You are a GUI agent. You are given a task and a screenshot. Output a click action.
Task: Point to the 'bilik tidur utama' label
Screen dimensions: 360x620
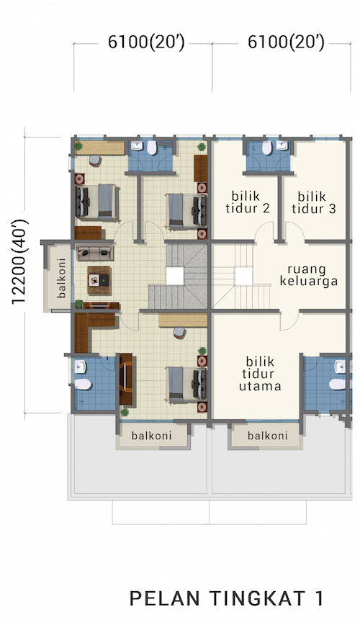tap(260, 374)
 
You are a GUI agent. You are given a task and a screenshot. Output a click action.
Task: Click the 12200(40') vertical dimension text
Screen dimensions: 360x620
tap(19, 262)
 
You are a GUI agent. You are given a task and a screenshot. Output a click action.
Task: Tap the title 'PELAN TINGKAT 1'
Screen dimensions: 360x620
tap(227, 598)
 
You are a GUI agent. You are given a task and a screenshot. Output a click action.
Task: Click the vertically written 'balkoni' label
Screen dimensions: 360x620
tap(61, 278)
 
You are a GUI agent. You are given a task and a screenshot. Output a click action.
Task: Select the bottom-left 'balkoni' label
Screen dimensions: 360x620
tap(152, 436)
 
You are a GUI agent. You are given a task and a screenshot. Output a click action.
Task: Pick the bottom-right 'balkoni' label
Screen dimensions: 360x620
tap(268, 436)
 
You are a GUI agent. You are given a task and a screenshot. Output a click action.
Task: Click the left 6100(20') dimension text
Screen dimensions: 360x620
tap(146, 42)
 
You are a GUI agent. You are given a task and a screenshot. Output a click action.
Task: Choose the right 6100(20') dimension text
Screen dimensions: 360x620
tap(286, 42)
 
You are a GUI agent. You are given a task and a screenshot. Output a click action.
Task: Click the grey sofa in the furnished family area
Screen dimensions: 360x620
tap(95, 253)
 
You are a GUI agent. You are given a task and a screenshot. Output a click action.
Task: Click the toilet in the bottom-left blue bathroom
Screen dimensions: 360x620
tap(83, 384)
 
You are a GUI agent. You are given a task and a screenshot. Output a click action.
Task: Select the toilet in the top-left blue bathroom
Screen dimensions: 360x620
tap(152, 147)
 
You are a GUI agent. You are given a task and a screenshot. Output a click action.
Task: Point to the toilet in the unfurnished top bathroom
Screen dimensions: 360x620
tap(266, 148)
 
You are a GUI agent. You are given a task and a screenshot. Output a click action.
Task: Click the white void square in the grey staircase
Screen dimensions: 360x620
tap(175, 276)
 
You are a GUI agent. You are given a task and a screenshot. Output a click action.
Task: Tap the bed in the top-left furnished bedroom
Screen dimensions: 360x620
tap(97, 202)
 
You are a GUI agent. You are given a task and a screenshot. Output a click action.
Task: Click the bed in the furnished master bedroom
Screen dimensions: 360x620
tap(186, 385)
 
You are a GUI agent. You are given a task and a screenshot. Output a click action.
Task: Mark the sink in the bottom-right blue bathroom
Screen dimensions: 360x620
tap(341, 366)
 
